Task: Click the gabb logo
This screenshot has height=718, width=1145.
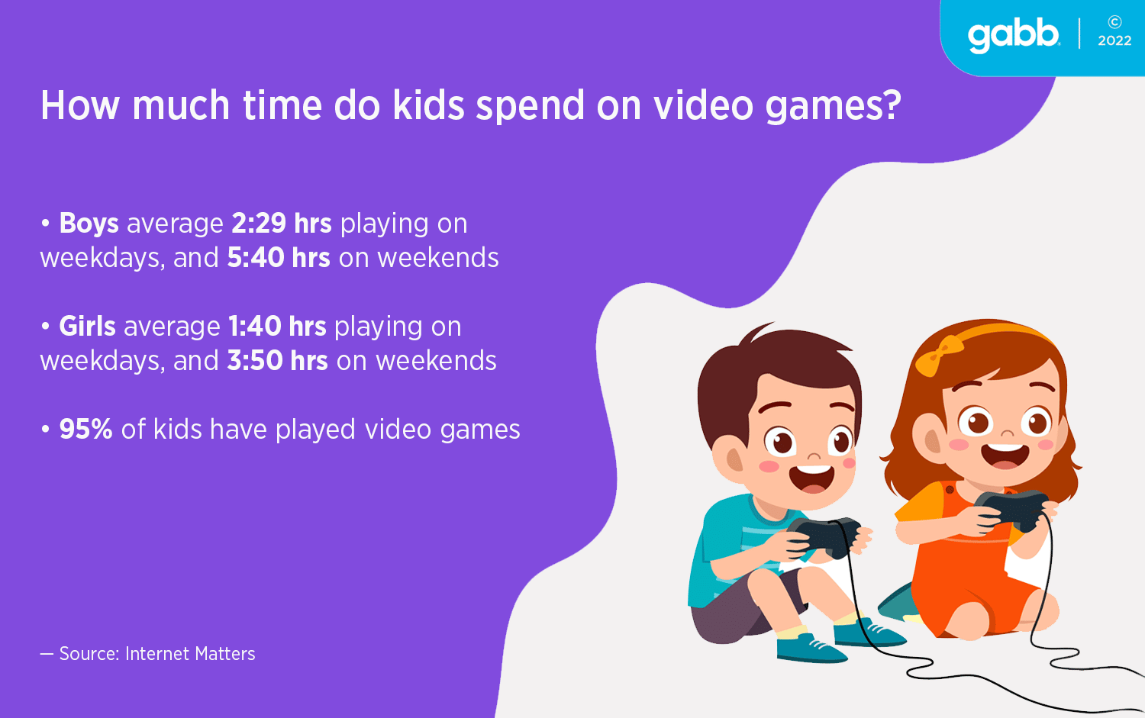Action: pos(1014,37)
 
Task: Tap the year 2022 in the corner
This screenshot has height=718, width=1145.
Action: pos(1114,41)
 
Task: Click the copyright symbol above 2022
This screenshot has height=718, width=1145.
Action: pos(1114,22)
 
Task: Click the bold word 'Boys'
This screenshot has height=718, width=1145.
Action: pos(89,224)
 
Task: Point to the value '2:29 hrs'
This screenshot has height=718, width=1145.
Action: pos(282,224)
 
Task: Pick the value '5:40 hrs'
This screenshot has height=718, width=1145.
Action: pos(279,258)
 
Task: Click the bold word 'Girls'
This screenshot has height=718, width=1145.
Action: pos(88,326)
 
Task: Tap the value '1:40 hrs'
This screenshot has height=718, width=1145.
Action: pos(277,326)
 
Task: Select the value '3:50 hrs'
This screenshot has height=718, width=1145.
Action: pos(278,360)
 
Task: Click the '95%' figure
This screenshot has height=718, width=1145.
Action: pos(85,429)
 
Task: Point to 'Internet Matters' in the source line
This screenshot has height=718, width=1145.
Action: pos(190,654)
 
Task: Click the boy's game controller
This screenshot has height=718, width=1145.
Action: pos(824,536)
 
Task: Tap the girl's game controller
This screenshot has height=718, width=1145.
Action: pos(1013,509)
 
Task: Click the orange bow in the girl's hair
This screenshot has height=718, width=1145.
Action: pos(938,355)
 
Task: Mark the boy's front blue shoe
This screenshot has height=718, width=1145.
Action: pos(810,648)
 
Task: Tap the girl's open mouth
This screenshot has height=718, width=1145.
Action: pos(1005,456)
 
